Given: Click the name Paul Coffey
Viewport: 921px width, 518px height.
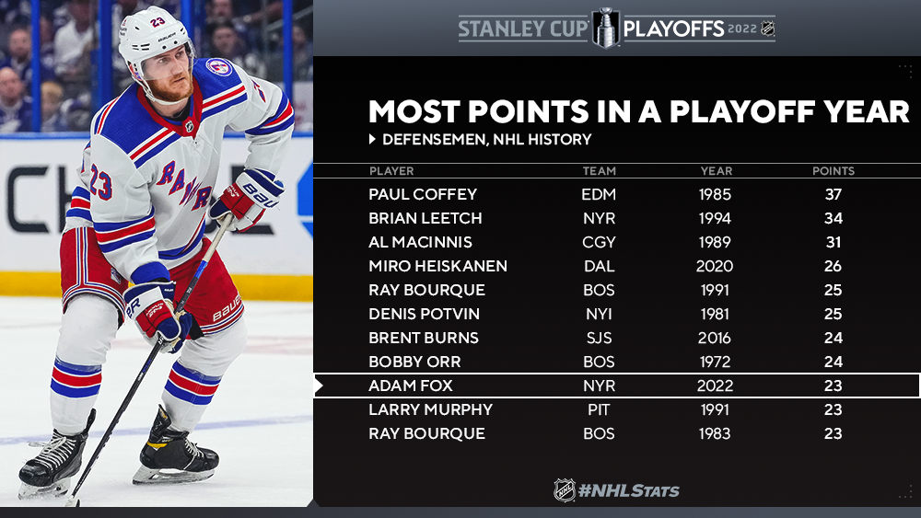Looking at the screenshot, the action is (423, 194).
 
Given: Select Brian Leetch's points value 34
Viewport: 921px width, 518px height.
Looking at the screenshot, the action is (833, 218).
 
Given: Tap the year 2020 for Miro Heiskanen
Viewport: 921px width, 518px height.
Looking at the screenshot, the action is (715, 266).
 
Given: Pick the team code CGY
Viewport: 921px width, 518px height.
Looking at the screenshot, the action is (599, 242).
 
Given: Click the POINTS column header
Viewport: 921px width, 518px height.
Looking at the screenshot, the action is (833, 171).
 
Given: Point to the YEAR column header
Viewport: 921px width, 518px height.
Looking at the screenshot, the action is (716, 171).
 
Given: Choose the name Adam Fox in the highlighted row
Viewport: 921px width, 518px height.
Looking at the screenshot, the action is (410, 386).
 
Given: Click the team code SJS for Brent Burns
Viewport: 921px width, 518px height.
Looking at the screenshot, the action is (599, 338).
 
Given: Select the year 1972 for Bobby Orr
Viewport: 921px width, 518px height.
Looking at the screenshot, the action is (715, 362).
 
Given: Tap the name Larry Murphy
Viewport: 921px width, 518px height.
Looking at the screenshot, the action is (430, 409).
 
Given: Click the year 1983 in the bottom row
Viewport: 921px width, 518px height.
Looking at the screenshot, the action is (715, 433).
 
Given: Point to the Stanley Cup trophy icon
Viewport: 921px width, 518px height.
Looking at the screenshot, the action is (606, 28).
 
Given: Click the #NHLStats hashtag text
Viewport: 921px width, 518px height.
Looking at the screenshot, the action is (628, 490).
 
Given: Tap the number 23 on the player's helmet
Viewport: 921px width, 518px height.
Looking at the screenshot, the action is (158, 22).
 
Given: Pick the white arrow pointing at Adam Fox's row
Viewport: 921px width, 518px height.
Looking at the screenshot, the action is (319, 386).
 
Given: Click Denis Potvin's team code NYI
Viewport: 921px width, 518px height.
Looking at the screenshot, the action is (599, 314).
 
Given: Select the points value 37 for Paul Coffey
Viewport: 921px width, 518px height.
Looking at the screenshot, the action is (833, 194).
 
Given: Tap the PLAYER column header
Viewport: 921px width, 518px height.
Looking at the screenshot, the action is (391, 171).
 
